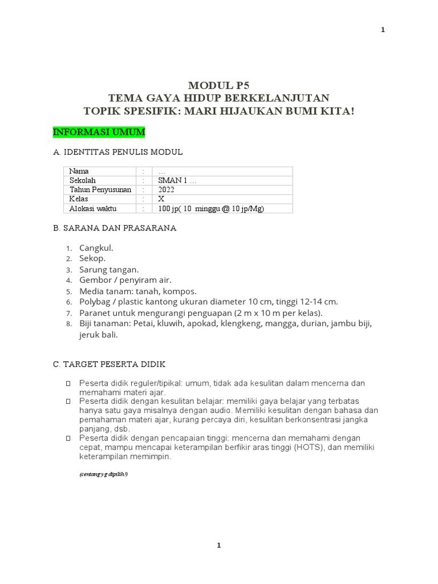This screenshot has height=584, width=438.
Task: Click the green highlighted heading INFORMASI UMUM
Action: (99, 132)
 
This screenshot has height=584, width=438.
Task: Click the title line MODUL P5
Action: (218, 86)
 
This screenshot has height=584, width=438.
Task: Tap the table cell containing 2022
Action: (167, 189)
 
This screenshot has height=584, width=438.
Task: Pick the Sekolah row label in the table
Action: (83, 180)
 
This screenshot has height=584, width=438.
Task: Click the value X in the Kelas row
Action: (161, 199)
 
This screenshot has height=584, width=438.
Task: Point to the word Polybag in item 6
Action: (96, 302)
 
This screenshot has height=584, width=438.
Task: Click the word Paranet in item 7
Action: (95, 313)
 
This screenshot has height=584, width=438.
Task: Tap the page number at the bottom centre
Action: (219, 546)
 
